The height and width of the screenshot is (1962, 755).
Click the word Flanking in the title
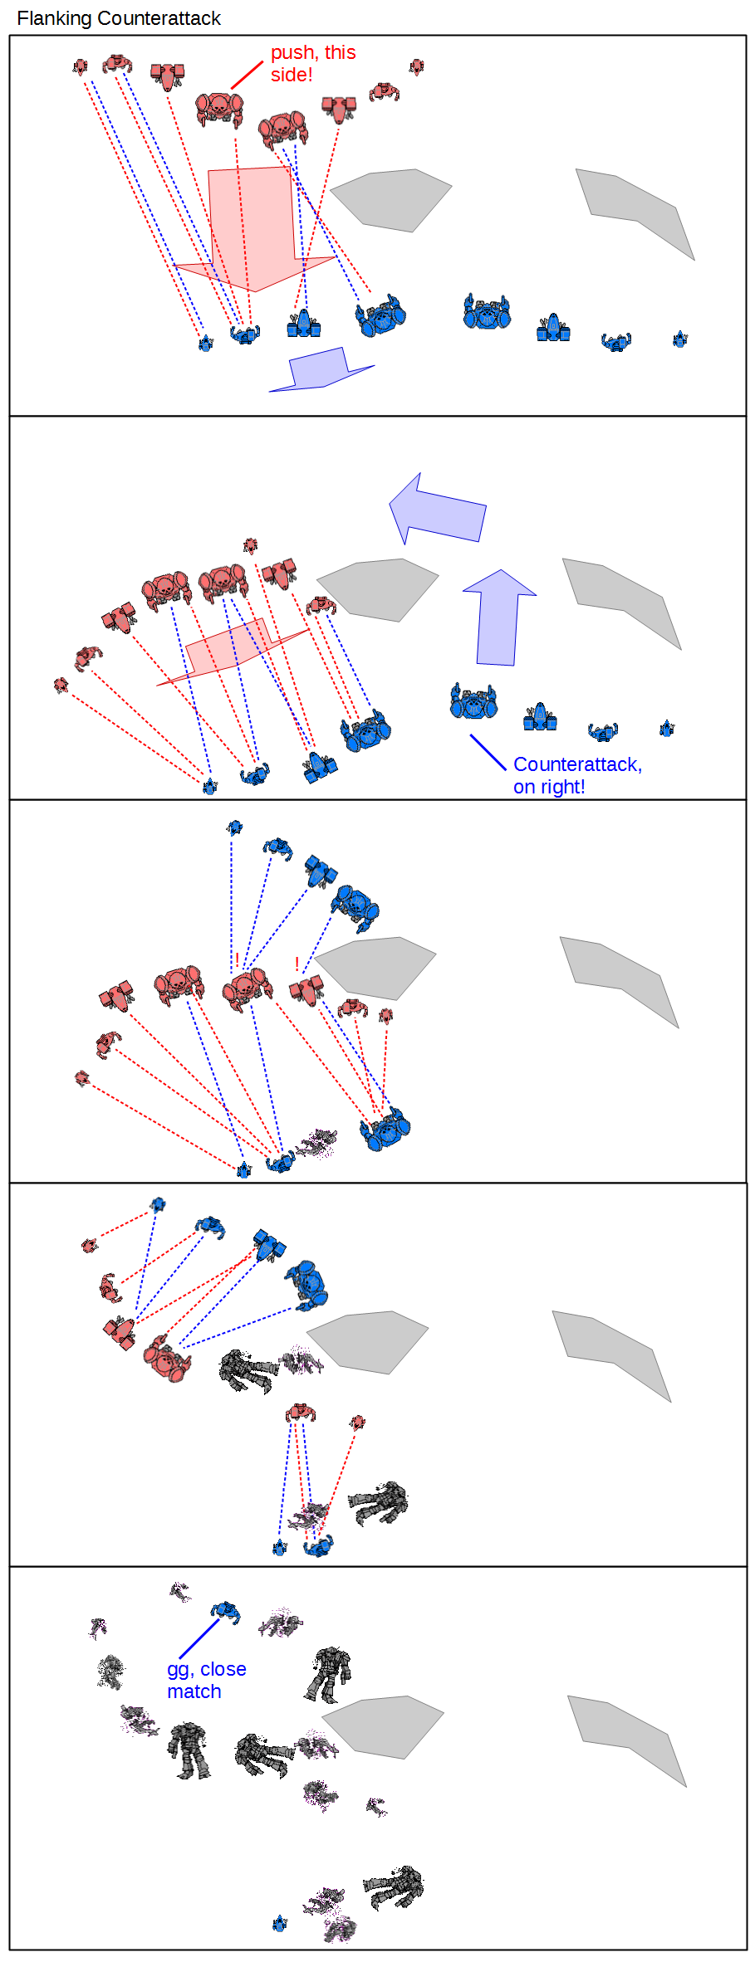54,18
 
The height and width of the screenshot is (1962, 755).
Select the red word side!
292,75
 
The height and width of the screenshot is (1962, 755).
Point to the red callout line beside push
247,75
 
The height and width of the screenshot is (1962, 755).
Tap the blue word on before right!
524,788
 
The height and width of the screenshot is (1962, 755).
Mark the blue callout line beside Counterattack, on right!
488,752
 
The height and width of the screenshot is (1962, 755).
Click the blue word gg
180,1670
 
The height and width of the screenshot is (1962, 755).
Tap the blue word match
194,1691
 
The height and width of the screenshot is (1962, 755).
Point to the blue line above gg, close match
199,1638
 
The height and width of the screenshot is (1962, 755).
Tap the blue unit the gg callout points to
225,1612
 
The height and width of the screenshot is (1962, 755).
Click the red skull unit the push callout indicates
219,109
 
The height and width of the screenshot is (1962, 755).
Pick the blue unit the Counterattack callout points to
473,702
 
